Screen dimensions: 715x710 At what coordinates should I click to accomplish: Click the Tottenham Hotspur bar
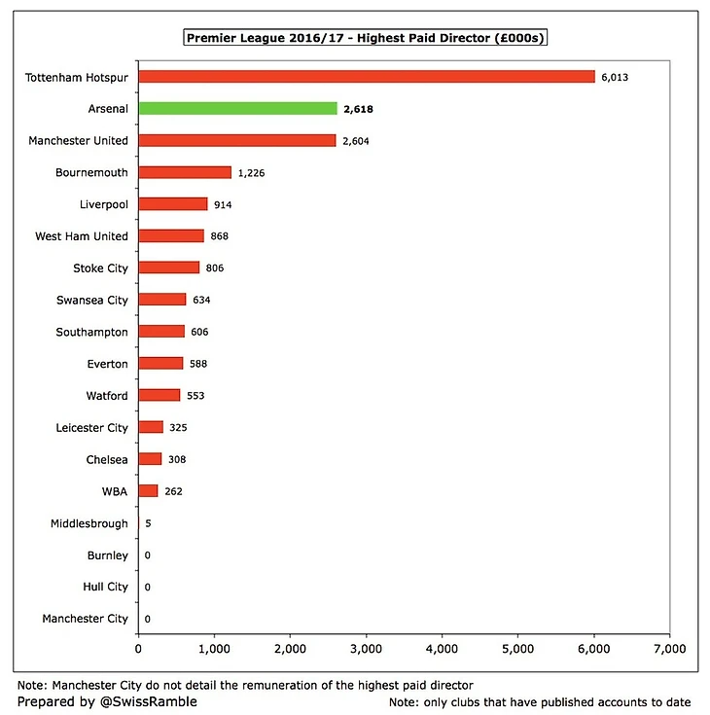pos(366,77)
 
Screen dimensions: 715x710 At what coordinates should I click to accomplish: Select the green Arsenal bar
pos(237,109)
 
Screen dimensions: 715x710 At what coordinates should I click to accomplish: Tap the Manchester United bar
pos(236,141)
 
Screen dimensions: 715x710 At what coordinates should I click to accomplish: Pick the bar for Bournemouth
pos(185,172)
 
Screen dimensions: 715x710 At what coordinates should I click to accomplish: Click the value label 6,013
pos(615,77)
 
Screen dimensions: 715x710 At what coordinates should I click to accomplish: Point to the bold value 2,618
pos(357,109)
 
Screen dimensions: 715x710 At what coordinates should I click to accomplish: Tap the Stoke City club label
pos(100,268)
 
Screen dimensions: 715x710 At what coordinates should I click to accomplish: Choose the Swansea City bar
pos(161,300)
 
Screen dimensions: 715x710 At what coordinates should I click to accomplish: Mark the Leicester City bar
pos(151,427)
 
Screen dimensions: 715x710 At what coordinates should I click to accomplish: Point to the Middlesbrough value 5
pos(148,523)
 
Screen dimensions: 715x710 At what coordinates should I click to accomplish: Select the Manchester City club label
pos(85,619)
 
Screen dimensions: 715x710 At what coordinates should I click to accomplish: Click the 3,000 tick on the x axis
pos(366,647)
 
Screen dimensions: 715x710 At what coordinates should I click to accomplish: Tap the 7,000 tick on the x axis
pos(669,647)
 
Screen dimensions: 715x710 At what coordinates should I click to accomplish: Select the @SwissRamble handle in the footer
pos(123,701)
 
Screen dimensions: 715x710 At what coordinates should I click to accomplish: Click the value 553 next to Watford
pos(197,396)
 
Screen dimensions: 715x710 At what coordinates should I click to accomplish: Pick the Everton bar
pos(160,364)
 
